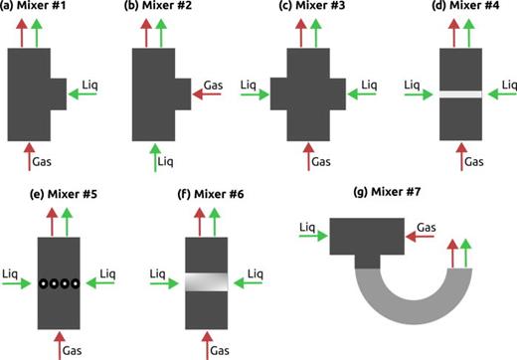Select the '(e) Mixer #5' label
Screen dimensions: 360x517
(53, 191)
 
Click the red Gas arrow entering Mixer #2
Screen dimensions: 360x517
(208, 94)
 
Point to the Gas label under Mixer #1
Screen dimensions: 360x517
(46, 160)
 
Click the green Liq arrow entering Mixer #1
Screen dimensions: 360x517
(85, 94)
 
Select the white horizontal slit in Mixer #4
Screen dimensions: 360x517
(461, 94)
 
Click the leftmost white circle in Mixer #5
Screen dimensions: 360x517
(46, 283)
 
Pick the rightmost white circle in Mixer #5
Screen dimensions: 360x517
(76, 283)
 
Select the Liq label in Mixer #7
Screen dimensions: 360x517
(307, 228)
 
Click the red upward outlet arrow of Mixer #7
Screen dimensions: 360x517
(451, 254)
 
